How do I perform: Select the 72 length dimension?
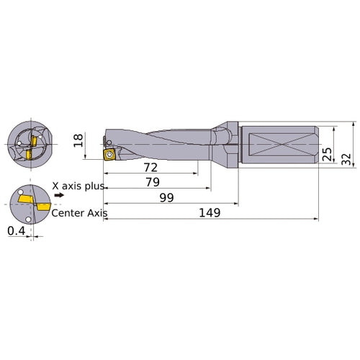click(150, 167)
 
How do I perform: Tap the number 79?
click(152, 182)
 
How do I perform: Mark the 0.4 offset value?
click(14, 230)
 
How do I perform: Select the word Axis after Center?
click(95, 212)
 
